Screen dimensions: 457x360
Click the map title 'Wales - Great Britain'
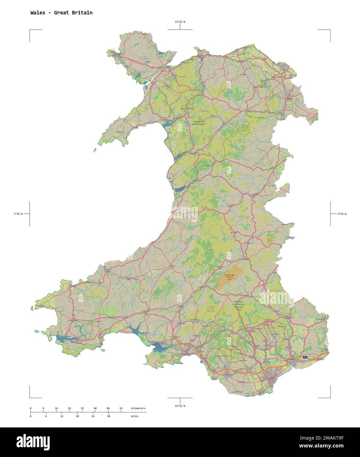[x=61, y=13]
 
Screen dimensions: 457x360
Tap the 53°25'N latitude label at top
[x=180, y=22]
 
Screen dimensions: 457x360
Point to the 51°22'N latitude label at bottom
[x=180, y=406]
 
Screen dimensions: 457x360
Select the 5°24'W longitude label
[x=18, y=214]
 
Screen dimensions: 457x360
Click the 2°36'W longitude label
[x=342, y=214]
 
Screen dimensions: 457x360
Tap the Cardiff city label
[x=271, y=378]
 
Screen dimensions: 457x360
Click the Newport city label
[x=292, y=359]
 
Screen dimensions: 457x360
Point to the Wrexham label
[x=289, y=99]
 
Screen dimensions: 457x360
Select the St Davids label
[x=40, y=306]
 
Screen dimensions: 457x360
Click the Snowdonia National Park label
[x=199, y=123]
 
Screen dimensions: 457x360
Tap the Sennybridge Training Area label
[x=229, y=277]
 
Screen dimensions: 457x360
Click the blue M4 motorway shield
[x=305, y=357]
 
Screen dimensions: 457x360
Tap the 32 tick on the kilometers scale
[x=82, y=408]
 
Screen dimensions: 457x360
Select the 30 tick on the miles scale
[x=108, y=416]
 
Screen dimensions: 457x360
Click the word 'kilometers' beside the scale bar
[x=138, y=408]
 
